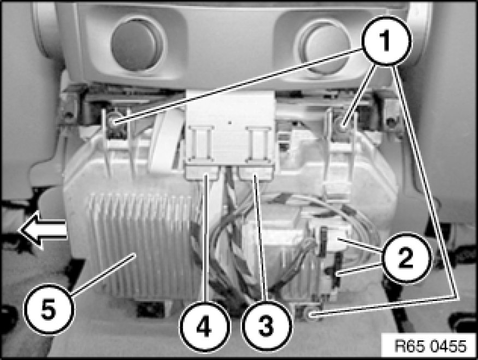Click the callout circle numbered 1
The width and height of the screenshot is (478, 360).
pyautogui.click(x=387, y=40)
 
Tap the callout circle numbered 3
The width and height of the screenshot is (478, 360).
pyautogui.click(x=267, y=326)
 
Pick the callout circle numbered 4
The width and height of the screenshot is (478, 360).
pyautogui.click(x=204, y=326)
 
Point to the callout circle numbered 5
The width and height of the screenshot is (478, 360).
pyautogui.click(x=49, y=310)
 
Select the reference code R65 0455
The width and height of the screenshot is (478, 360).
pyautogui.click(x=430, y=346)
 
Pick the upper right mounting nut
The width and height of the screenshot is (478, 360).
pyautogui.click(x=343, y=126)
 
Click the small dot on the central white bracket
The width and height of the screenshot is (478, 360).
pyautogui.click(x=230, y=123)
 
